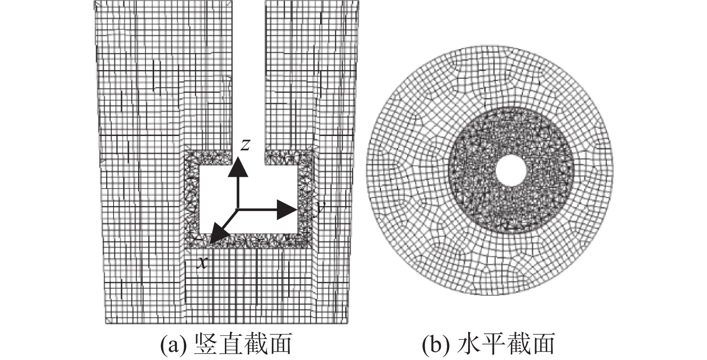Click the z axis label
pos(245,145)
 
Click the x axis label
pos(203,262)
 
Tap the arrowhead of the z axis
pos(238,169)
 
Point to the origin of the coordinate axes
pos(238,209)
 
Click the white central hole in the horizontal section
pos(511,171)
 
